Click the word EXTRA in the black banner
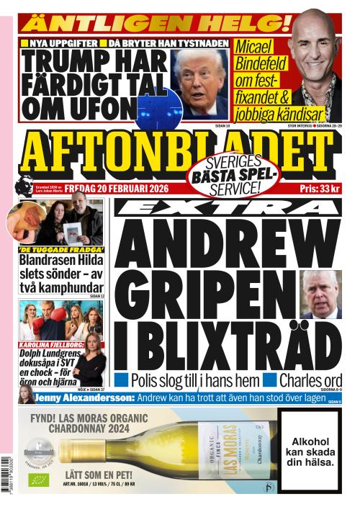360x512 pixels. [226, 207]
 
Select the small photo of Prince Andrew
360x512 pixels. [320, 294]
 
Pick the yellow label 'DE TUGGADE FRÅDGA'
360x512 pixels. [60, 250]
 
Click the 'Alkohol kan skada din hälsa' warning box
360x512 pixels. [312, 452]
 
